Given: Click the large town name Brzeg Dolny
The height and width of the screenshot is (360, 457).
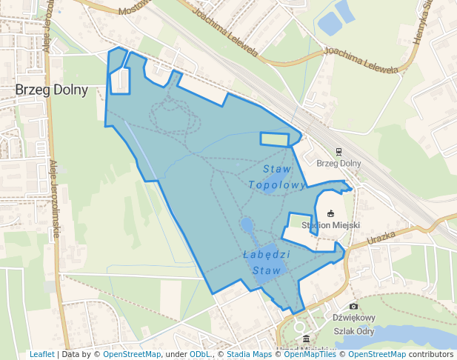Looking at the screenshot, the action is pos(52,90).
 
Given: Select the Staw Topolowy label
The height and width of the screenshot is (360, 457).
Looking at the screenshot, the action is pos(277,176).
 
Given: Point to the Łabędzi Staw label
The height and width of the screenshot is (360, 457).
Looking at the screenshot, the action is pos(267,262).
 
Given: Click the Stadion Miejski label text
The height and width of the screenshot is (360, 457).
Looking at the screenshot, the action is pos(330,224).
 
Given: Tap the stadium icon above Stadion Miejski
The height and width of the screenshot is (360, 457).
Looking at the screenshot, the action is pos(330,213).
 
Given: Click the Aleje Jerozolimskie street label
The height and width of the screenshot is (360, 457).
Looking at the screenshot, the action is pos(54,200).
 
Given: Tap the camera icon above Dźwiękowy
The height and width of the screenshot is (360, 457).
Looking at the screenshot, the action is pos(353,306).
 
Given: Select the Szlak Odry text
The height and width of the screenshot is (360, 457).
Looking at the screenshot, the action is pos(355,330).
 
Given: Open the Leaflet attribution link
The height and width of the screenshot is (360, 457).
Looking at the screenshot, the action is pos(41,355).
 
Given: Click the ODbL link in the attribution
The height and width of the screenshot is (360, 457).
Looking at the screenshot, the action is pos(200,355).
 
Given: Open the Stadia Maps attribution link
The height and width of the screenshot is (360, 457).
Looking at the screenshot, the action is pos(250,355).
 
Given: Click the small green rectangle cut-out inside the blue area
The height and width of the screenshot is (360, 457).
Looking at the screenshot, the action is pos(273,139).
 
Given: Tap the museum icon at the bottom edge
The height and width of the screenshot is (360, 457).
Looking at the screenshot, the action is pos(306,339).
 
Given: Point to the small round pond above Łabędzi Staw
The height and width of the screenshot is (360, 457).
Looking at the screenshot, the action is pos(246,223).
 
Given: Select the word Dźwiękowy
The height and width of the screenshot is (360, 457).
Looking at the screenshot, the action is pos(355,318).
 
